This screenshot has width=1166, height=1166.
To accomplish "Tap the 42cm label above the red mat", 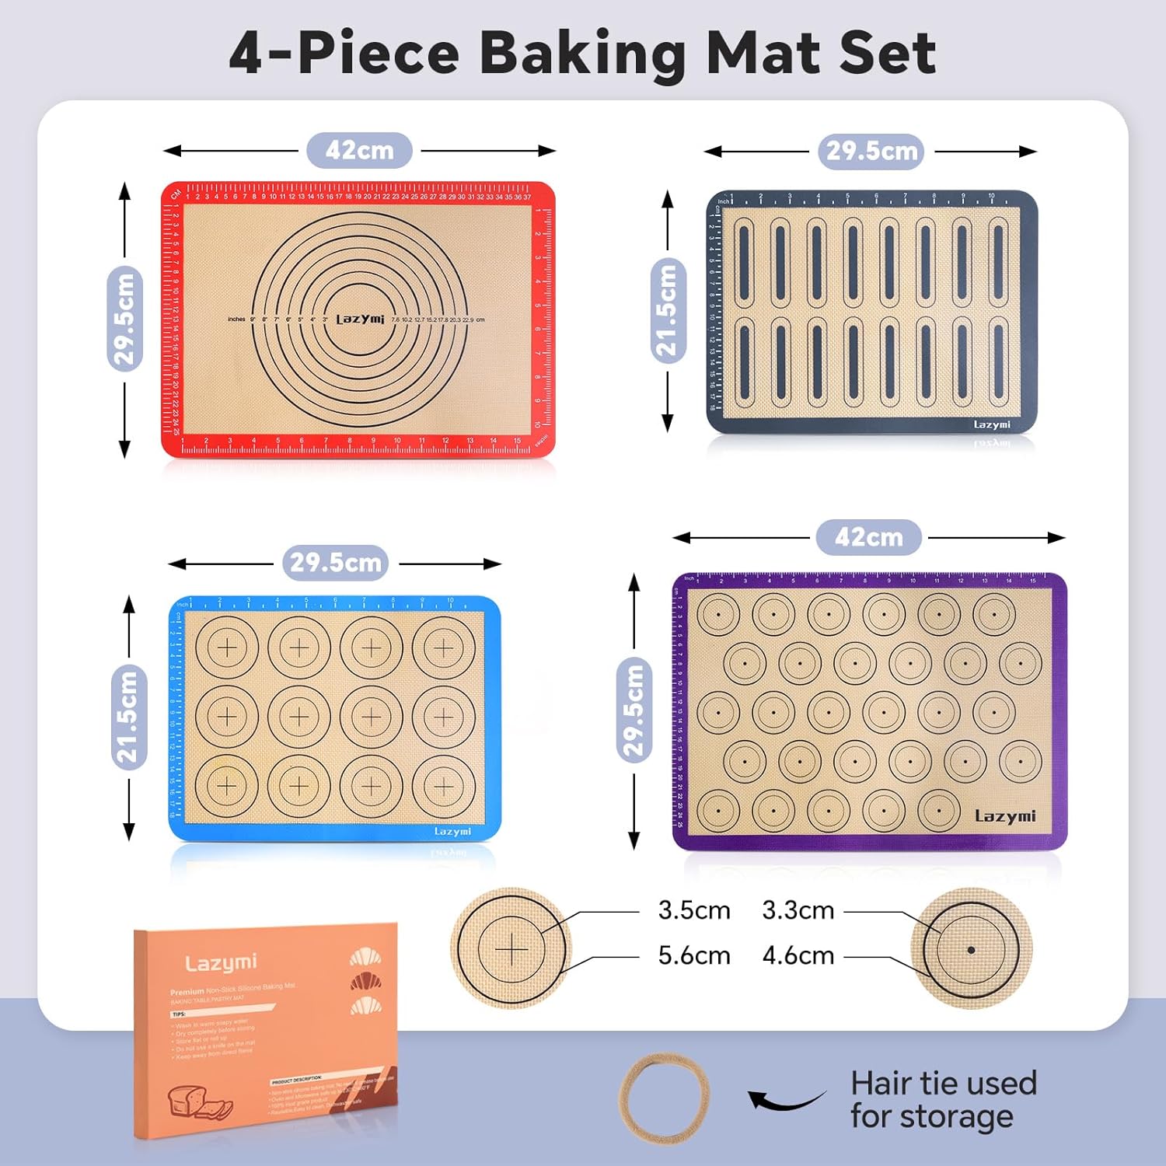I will click(x=359, y=150).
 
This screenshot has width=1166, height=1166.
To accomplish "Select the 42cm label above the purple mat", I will click(x=868, y=537).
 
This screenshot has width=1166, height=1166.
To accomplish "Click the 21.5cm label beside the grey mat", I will click(x=667, y=310).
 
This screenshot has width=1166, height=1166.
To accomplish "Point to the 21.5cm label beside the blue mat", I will click(x=128, y=716).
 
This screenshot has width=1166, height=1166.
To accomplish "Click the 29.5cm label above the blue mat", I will click(x=335, y=562).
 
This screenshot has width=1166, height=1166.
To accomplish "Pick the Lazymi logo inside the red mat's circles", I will click(x=360, y=319).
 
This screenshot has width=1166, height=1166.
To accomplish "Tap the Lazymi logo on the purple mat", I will click(x=1005, y=816).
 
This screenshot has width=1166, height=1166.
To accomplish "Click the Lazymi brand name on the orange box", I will click(x=221, y=963).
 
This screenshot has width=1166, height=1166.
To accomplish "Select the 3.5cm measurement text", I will click(x=694, y=910).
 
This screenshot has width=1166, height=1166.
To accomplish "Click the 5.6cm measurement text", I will click(x=694, y=955).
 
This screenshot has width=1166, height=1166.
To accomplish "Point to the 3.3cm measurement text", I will click(x=798, y=910).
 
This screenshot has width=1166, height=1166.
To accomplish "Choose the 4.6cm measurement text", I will click(x=798, y=955).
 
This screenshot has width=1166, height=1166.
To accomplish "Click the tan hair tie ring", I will click(x=665, y=1098).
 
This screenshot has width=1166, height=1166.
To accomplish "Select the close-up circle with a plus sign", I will click(x=511, y=948).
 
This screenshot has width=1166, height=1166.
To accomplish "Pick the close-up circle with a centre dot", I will click(x=971, y=949).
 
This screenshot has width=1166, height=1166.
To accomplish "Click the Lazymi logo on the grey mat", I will click(x=992, y=424).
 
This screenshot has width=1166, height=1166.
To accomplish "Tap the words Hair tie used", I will click(x=944, y=1083).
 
